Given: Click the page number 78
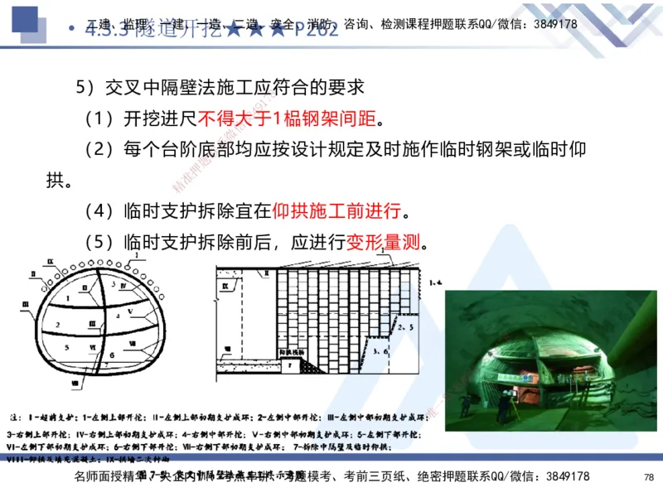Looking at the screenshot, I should coord(648,477).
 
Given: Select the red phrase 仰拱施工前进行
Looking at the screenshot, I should coord(336,206).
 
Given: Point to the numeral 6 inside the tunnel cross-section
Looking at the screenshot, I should coord(110,354).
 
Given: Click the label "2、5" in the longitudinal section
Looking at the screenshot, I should coord(405,328).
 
